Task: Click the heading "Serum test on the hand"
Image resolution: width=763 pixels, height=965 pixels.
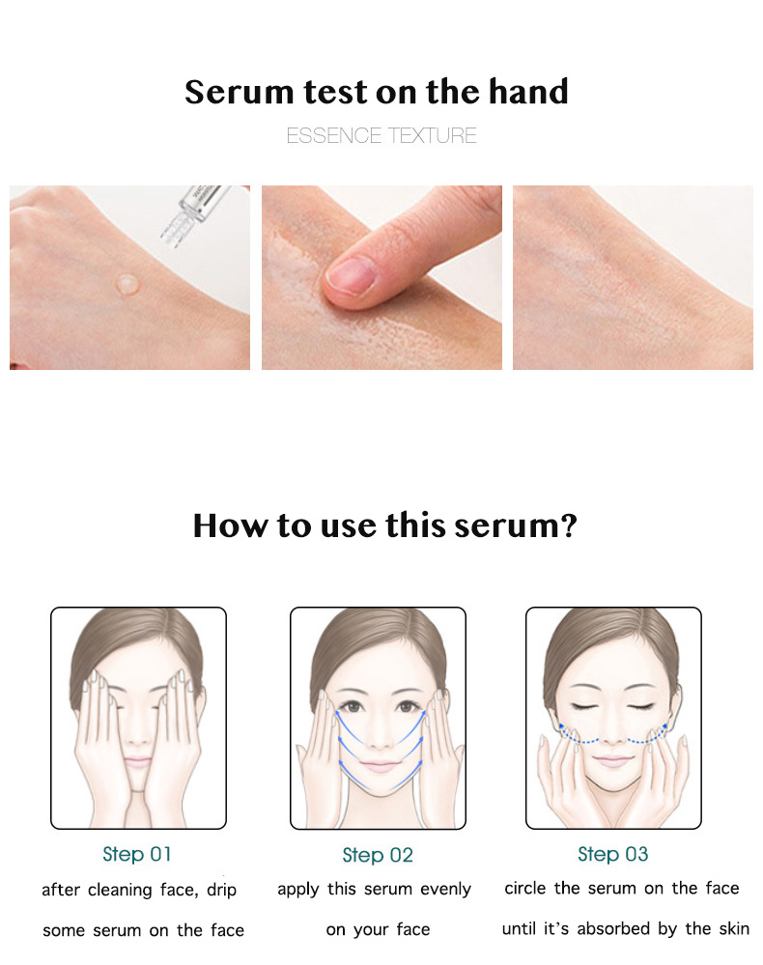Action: [377, 93]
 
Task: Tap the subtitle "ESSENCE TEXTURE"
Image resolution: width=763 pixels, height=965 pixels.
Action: [381, 136]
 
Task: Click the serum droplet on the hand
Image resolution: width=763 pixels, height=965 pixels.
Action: [125, 283]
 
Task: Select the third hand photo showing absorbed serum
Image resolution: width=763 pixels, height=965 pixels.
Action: [633, 277]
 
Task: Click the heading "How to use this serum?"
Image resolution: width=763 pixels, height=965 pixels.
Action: [384, 526]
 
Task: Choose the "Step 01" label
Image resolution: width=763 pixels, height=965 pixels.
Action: [136, 854]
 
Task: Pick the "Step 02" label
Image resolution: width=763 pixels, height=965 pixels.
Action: [378, 855]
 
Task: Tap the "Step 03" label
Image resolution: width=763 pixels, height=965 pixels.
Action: [613, 854]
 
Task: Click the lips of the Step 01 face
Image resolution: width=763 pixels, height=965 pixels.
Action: [138, 762]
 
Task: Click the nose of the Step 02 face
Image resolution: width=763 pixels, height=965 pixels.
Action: [378, 732]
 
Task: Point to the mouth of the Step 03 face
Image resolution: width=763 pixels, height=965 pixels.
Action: [613, 761]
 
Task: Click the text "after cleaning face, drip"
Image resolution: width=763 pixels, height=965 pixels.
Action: [139, 890]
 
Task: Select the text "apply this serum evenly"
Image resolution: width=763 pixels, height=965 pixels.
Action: [375, 889]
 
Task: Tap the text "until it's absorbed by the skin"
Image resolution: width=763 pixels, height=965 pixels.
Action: [626, 929]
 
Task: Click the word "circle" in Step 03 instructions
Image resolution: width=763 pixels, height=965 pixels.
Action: [526, 888]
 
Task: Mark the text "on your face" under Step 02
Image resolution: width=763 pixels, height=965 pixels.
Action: [378, 929]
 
